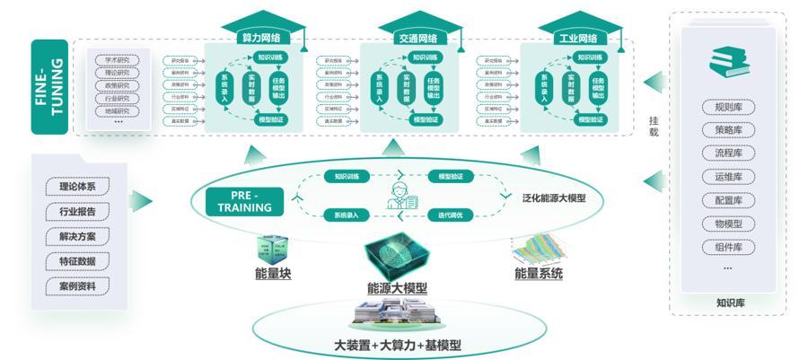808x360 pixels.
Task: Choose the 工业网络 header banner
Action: (x=578, y=40)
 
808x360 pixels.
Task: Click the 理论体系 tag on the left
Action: (x=83, y=187)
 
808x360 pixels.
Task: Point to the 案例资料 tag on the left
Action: (x=83, y=286)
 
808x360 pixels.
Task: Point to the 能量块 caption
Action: (x=274, y=275)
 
